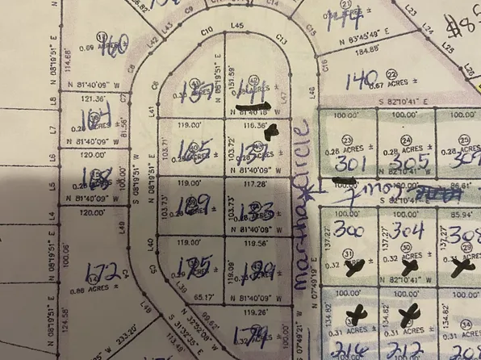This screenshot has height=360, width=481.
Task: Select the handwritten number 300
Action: pyautogui.click(x=349, y=231)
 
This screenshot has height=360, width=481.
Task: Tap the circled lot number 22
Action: pyautogui.click(x=391, y=73)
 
